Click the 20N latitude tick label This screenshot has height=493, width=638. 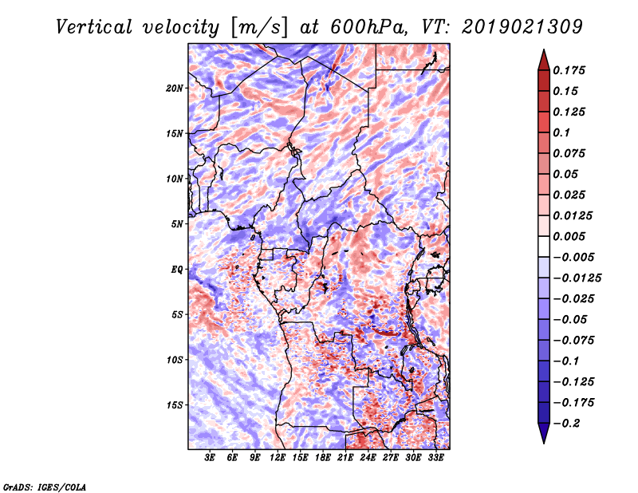coord(174,89)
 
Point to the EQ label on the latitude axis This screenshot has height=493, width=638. coord(177,270)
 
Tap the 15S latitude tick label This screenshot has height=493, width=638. coord(174,405)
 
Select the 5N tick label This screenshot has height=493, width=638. coord(177,224)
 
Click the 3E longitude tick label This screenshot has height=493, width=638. coord(210,458)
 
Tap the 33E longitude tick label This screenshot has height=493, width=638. coord(435,458)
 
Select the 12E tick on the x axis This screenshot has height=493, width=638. coord(278,458)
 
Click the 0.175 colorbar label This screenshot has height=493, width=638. coord(569,70)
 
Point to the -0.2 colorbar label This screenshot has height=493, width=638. coord(565,424)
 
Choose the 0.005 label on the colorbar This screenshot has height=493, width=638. coord(569,236)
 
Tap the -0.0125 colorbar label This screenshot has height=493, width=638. coord(577,278)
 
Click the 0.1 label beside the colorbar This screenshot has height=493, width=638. coord(561,132)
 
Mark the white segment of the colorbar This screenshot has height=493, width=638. coord(544,246)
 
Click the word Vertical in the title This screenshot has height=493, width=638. coord(94,27)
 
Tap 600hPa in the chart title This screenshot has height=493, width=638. coord(368,27)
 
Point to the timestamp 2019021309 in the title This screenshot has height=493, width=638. coord(522,27)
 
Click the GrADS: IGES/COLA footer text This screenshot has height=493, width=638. coord(45,487)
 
